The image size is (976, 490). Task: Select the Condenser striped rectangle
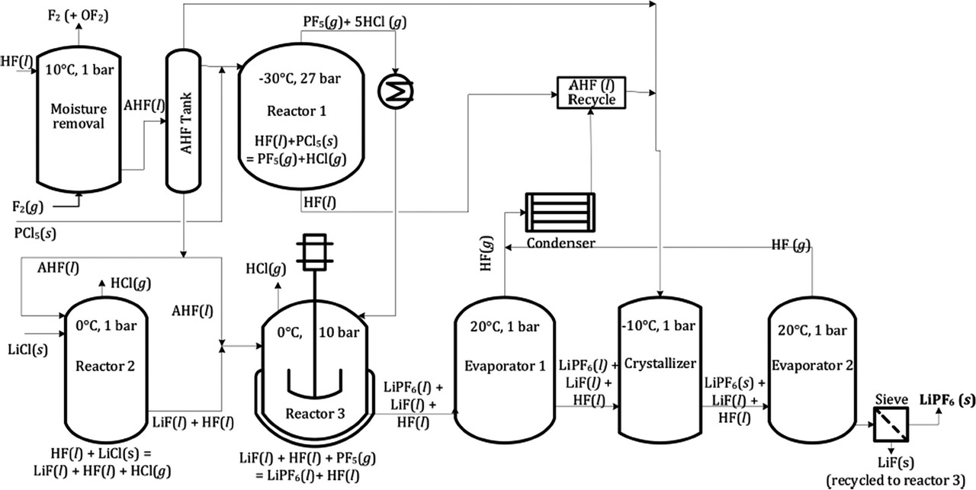click(x=561, y=210)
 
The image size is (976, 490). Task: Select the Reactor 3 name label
click(x=315, y=413)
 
